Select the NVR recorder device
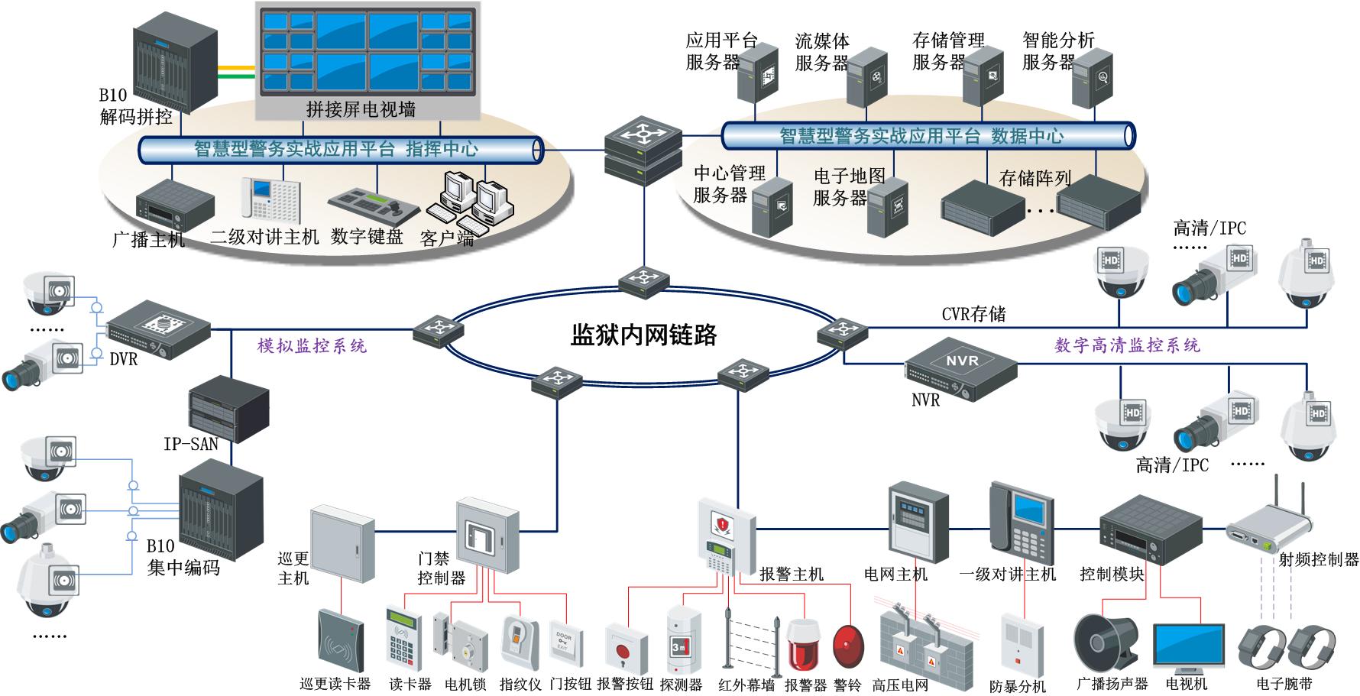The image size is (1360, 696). coord(961,368)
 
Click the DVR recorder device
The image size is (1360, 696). coord(158,329)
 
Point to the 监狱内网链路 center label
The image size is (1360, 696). coord(643,335)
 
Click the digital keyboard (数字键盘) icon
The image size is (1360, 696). coord(373,203)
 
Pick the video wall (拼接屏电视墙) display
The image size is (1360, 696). coord(367,52)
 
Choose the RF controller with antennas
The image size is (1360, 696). coord(1269,528)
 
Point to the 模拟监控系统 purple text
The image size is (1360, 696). coord(312,346)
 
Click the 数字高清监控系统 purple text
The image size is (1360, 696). coord(1127,345)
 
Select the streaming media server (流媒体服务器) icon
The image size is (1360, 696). coord(866,76)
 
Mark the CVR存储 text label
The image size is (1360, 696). coord(973,314)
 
